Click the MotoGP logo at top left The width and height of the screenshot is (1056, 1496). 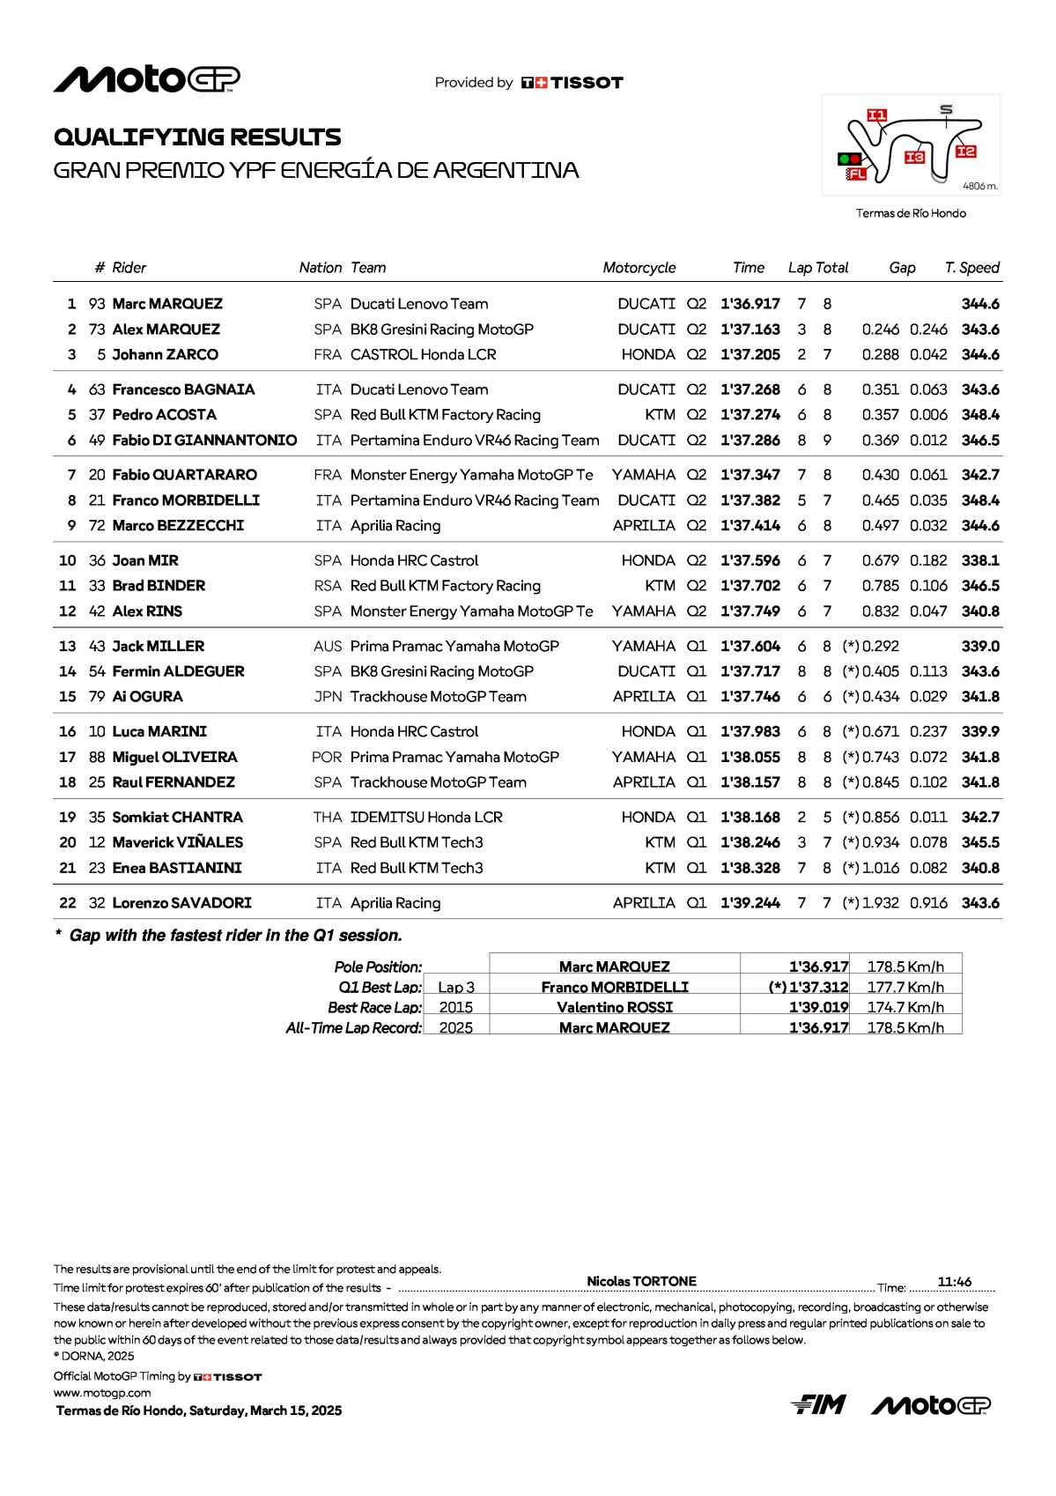(x=146, y=80)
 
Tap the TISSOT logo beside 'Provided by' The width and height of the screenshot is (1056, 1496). (x=572, y=83)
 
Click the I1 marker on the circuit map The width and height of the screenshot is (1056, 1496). (x=876, y=115)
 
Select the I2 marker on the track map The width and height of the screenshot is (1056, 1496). (x=965, y=152)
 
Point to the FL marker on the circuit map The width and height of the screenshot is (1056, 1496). (x=856, y=174)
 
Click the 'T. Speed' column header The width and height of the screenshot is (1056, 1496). (x=971, y=268)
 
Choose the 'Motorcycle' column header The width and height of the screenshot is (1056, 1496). (x=639, y=268)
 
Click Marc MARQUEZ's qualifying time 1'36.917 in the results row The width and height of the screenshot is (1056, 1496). (x=750, y=304)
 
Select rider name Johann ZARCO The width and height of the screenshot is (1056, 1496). (x=165, y=355)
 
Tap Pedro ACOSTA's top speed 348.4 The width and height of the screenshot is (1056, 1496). (x=980, y=415)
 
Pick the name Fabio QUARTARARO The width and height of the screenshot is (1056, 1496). (x=184, y=475)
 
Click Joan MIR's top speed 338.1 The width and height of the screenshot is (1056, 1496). (x=980, y=560)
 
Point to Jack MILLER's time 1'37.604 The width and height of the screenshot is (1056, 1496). (x=750, y=647)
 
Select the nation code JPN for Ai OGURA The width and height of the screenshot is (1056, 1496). (x=328, y=697)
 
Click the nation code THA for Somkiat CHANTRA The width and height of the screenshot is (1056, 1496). (x=328, y=818)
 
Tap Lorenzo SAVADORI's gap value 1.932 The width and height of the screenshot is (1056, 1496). (x=881, y=903)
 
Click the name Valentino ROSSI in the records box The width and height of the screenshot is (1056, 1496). (x=615, y=1007)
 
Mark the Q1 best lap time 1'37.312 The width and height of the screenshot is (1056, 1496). (x=818, y=987)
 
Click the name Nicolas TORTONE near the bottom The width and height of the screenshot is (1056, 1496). (x=641, y=1281)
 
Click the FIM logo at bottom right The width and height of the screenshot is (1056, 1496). (x=818, y=1404)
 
